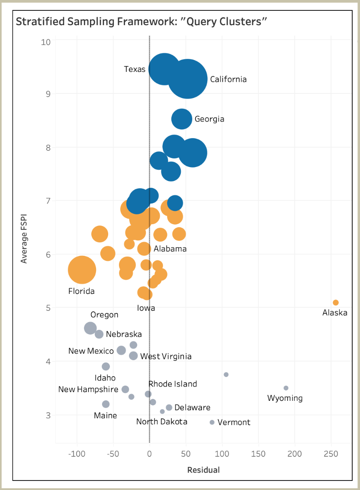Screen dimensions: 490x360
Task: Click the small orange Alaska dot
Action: click(335, 303)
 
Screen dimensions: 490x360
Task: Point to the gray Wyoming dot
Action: click(286, 388)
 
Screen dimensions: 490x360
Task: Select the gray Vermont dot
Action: click(212, 422)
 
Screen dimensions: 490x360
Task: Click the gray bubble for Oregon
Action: click(90, 328)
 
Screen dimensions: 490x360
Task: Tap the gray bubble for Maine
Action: click(106, 404)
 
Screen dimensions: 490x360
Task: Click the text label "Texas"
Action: click(135, 69)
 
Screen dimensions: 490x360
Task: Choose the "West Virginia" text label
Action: click(166, 357)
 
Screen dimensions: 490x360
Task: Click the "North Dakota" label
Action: click(162, 422)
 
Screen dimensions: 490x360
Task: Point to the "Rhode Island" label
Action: click(173, 384)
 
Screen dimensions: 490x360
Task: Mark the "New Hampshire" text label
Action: click(88, 390)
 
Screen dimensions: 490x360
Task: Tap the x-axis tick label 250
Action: click(331, 454)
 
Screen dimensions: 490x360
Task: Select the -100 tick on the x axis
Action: click(77, 454)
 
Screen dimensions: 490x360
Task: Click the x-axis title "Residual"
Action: click(203, 470)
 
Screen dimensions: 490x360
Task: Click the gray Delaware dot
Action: click(169, 407)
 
